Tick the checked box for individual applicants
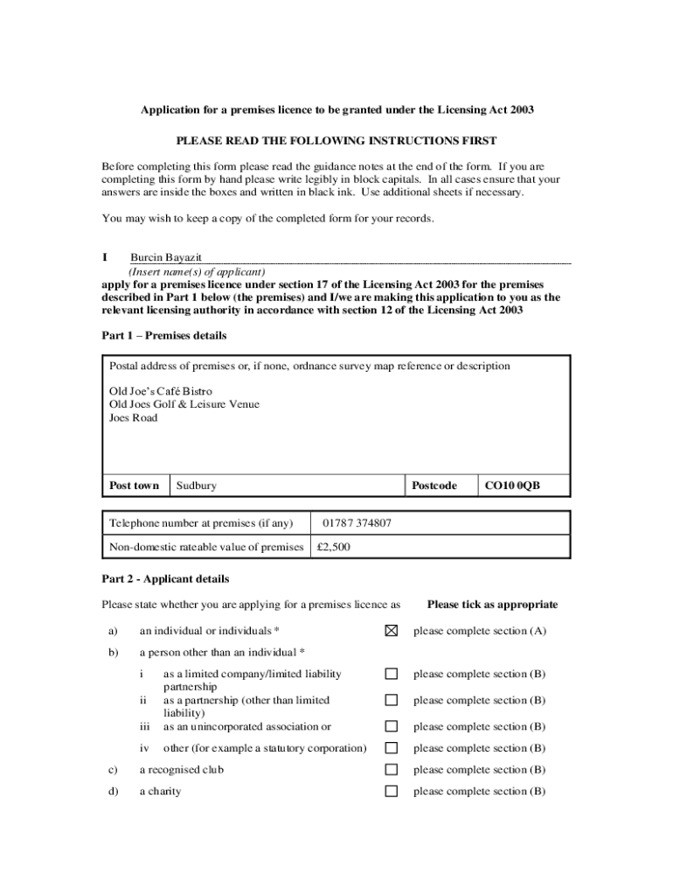[392, 630]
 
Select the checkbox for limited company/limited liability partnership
[392, 674]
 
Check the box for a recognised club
[392, 770]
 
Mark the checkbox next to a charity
[392, 792]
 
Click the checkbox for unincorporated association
[392, 726]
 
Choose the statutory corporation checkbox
[392, 748]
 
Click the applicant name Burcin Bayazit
[166, 257]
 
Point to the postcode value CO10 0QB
[512, 486]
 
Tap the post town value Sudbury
[197, 486]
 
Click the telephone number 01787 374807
[357, 523]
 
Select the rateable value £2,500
[334, 547]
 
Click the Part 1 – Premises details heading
[164, 335]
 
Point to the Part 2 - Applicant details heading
[165, 578]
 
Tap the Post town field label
[134, 486]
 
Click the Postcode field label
[434, 486]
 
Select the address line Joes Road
[133, 417]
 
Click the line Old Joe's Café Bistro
[160, 391]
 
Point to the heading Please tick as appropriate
[492, 605]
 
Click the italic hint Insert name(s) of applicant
[198, 271]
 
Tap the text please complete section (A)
[480, 631]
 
